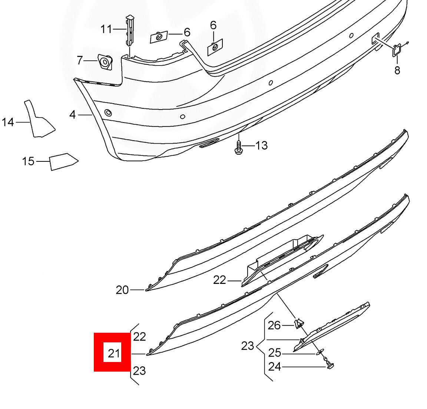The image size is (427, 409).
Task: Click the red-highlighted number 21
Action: point(114,353)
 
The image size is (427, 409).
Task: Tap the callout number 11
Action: point(106,29)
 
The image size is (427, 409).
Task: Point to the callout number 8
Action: point(397,70)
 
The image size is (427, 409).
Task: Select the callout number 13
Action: point(261,145)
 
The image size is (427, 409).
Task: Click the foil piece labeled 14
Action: point(39,120)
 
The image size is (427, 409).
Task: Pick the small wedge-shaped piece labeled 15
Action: point(62,161)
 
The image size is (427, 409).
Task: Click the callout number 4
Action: point(72,115)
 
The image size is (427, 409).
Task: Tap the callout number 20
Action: point(122,290)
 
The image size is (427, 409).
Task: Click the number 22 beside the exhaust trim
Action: point(219,280)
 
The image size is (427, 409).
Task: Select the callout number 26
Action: point(274,325)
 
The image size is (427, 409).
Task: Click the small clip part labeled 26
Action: point(298,324)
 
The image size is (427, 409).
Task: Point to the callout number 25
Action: point(275,353)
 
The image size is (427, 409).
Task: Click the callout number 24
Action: point(275,367)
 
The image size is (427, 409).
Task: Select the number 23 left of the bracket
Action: point(248,346)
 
